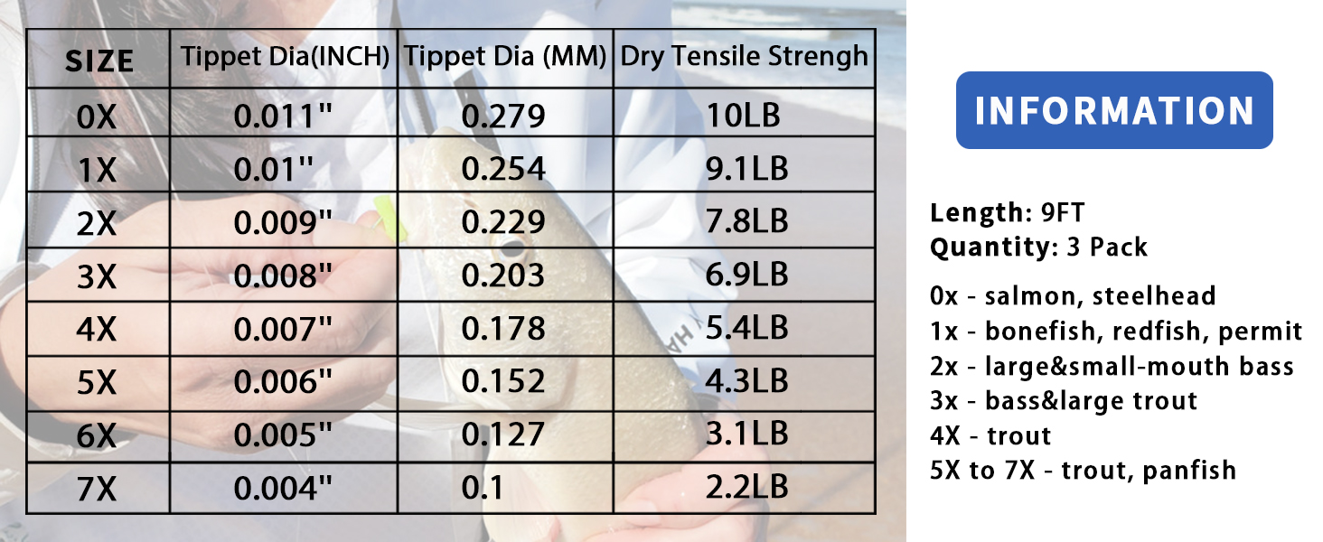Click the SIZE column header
[x=99, y=61]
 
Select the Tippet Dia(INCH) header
[x=285, y=57]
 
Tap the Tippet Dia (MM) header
[x=505, y=57]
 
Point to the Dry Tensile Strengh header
[x=745, y=57]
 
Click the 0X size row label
[x=97, y=117]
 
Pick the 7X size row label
[x=97, y=489]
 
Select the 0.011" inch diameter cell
[x=283, y=116]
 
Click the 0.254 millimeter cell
[x=503, y=168]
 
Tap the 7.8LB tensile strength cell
[x=747, y=220]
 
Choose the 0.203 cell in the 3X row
[x=503, y=276]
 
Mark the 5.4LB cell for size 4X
[x=747, y=328]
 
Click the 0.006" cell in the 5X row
[x=283, y=381]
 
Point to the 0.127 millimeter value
[x=503, y=434]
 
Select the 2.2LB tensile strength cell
[x=747, y=487]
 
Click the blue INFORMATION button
[x=1114, y=110]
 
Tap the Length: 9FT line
[x=1007, y=212]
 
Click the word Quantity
[x=990, y=248]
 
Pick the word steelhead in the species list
[x=1154, y=295]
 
